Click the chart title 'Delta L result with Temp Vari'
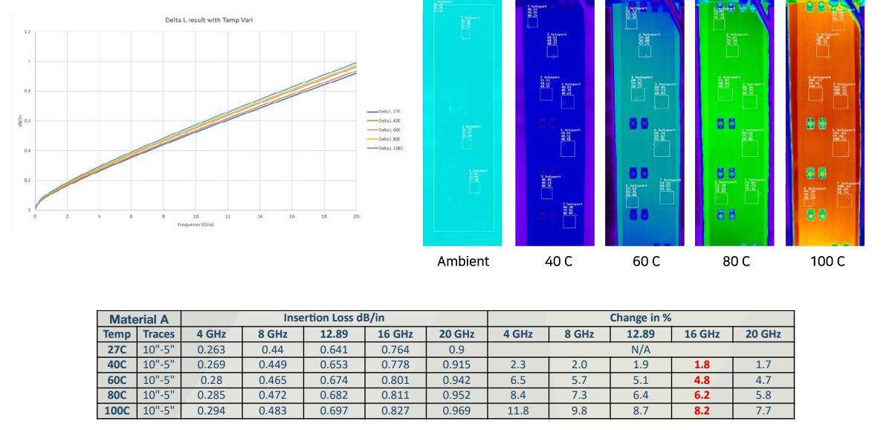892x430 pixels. (x=212, y=20)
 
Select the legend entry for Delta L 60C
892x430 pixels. (x=387, y=130)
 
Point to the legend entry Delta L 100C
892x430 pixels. (x=387, y=149)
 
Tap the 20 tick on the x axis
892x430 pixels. (x=356, y=216)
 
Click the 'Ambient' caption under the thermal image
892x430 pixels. (x=463, y=261)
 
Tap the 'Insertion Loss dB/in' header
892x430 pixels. (x=334, y=318)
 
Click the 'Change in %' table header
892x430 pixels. (x=640, y=318)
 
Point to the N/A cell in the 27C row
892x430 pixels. (x=640, y=350)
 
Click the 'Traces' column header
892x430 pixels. (x=158, y=334)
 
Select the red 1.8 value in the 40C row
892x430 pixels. (x=702, y=365)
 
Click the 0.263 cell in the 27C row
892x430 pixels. (x=211, y=350)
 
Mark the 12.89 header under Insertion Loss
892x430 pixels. (x=334, y=334)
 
